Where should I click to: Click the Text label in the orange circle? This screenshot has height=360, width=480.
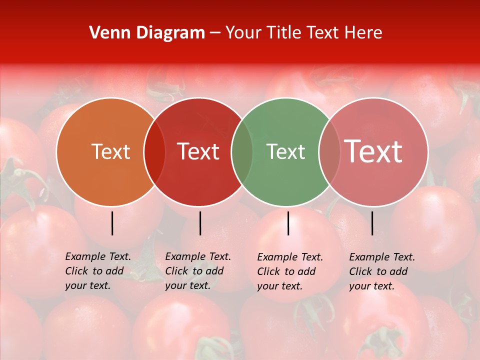110,151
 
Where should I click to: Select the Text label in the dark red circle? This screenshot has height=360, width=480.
198,151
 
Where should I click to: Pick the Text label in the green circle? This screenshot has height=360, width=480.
285,151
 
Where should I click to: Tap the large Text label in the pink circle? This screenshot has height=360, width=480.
373,151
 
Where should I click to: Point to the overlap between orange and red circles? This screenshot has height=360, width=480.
154,152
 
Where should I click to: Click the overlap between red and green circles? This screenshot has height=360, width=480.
242,152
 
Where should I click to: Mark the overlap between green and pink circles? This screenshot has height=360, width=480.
329,152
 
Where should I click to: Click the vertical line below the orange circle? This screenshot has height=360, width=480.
112,223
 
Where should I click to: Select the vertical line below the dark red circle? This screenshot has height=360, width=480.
200,223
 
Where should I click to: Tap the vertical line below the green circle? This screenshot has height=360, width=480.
288,223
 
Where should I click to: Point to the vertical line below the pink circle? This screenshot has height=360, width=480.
372,223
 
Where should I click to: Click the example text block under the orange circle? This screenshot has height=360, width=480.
98,271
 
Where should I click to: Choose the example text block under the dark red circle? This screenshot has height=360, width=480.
198,271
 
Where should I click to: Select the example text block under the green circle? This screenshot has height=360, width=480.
290,271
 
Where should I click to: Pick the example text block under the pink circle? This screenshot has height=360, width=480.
382,271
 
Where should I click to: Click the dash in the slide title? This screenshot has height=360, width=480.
215,33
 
